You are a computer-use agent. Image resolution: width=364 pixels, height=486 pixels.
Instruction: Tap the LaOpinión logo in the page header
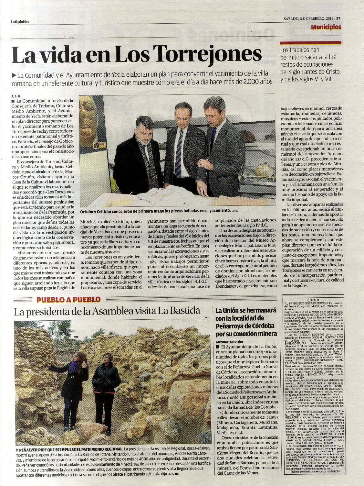coord(20,21)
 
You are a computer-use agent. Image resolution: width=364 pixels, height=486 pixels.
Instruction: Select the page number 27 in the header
coord(338,19)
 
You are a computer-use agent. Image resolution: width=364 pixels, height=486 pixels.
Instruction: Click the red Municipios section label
coord(326,27)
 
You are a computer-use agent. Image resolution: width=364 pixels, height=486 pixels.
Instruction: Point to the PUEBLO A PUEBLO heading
coord(68,300)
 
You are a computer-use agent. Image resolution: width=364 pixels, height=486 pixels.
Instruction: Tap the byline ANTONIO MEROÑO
coord(230,342)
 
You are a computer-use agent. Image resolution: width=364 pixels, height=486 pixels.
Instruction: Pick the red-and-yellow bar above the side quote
coord(308,42)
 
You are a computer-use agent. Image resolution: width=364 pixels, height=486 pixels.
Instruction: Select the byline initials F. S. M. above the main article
coord(16,96)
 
